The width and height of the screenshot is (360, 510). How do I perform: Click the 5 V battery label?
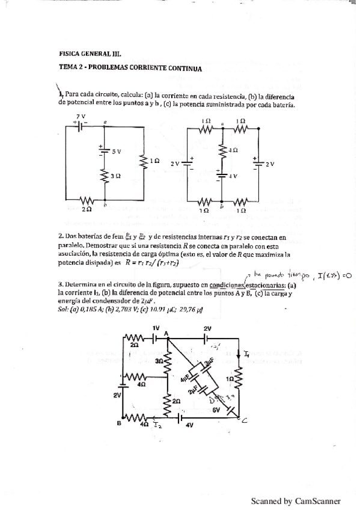click(115, 152)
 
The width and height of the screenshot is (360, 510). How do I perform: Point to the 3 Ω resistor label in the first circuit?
click(117, 175)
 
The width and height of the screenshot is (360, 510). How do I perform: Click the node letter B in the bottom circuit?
click(118, 423)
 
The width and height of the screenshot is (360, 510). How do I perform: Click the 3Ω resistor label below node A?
click(159, 361)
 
